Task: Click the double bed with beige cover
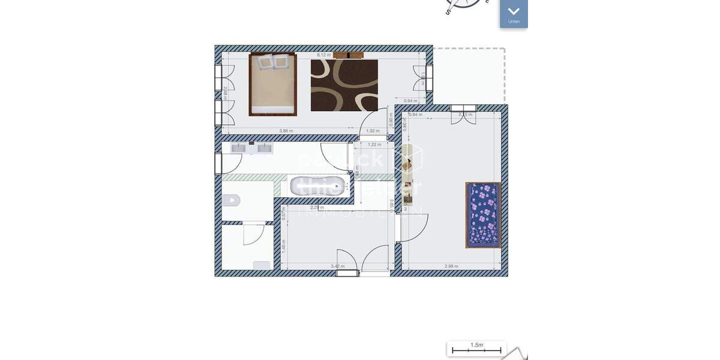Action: pos(273,84)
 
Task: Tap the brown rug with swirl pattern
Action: pos(344,85)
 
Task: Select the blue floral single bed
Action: pos(483,215)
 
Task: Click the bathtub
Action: pos(318,187)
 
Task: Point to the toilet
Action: pos(230,200)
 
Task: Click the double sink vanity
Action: pos(251,148)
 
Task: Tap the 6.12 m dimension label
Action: pos(324,55)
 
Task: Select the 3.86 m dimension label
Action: pos(286,131)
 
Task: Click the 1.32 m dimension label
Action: pos(373,131)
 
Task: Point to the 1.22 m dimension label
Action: pos(374,145)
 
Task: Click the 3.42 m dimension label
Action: pos(338,266)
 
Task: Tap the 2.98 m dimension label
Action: pos(451,266)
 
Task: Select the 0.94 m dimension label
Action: pos(410,101)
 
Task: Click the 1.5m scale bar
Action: pos(476,348)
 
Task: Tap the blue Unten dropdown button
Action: pos(514,13)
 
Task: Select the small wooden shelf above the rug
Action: pos(348,55)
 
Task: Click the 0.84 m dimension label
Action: pos(415,115)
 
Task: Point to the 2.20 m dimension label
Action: pos(317,207)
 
